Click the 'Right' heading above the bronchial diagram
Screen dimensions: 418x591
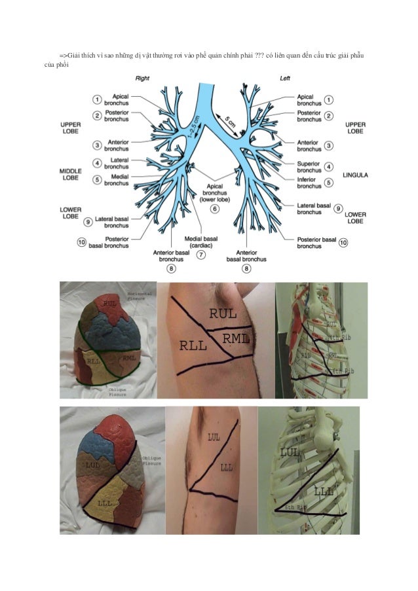(142, 78)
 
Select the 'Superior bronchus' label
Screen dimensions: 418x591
(309, 167)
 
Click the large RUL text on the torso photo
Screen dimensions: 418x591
(223, 313)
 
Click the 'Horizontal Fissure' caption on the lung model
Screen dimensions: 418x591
(139, 296)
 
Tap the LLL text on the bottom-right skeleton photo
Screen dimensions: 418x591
(322, 491)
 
